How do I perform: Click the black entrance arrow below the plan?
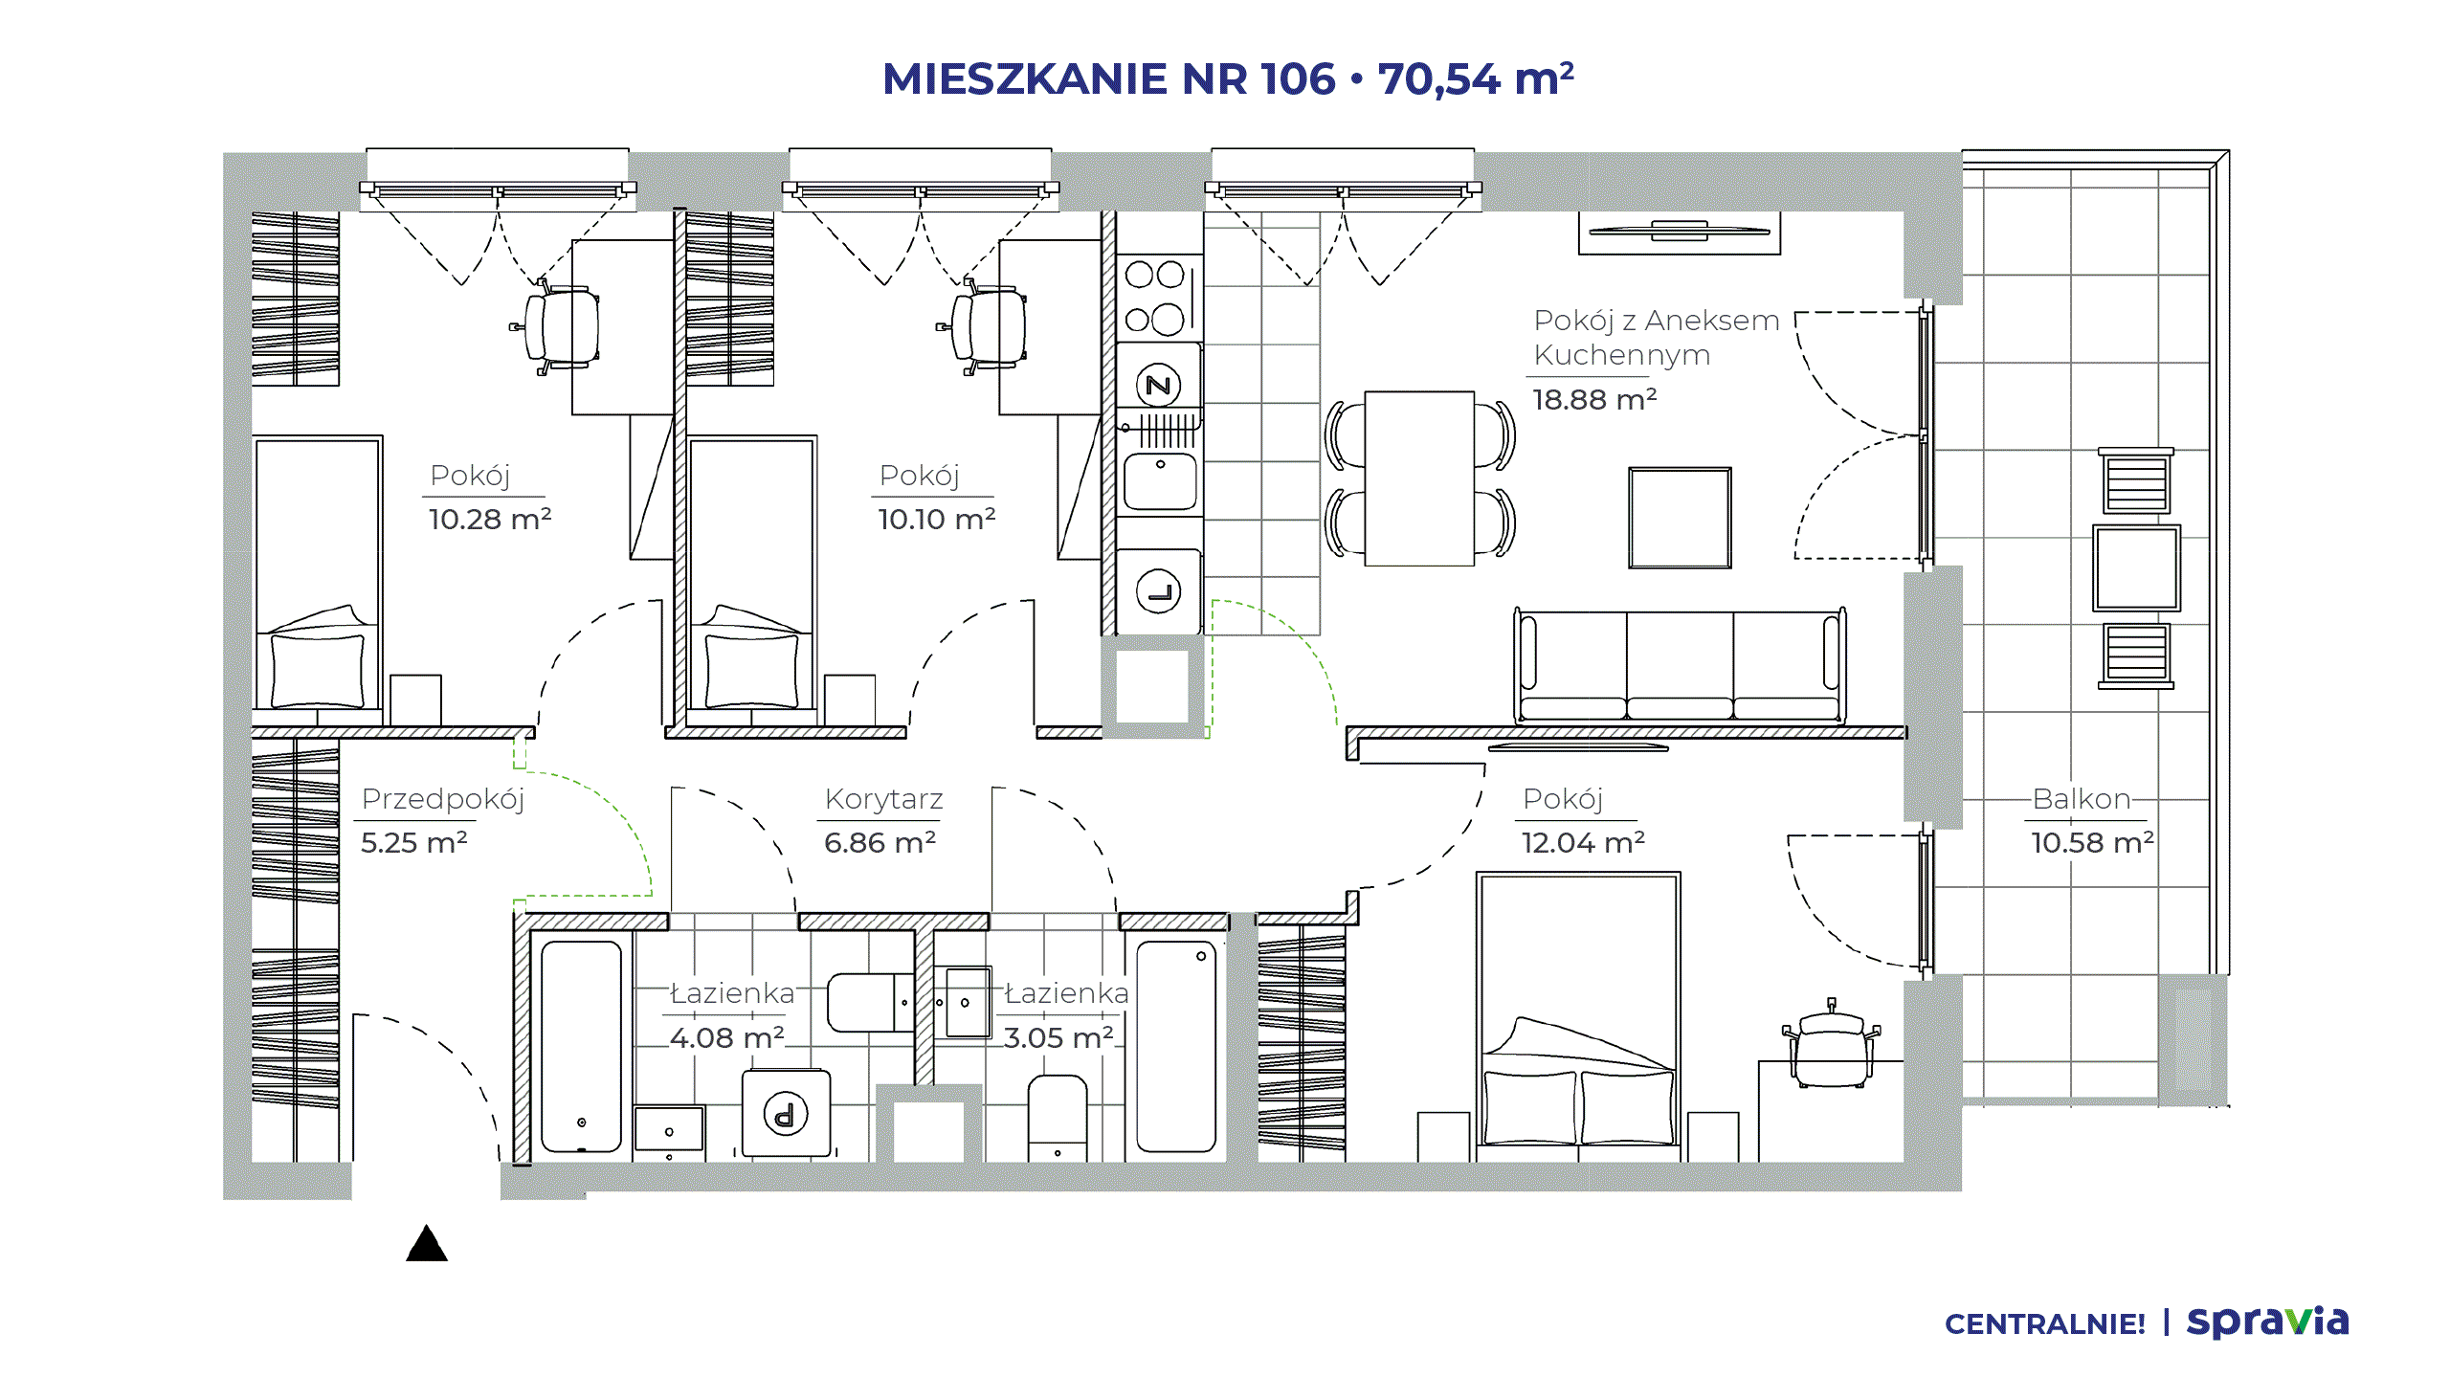(x=427, y=1243)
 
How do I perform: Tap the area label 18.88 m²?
(x=1594, y=399)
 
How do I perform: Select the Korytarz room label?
(x=883, y=799)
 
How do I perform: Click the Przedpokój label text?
(x=443, y=800)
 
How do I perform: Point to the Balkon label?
(x=2082, y=799)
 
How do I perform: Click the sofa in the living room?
(x=1680, y=666)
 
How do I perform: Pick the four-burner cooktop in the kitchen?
(x=1159, y=298)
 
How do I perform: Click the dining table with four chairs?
(x=1419, y=478)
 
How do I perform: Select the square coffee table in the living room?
(x=1680, y=518)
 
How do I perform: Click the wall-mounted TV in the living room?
(x=1680, y=231)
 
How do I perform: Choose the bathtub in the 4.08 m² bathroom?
(x=581, y=1047)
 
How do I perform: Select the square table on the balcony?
(x=2136, y=567)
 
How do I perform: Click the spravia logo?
(x=2267, y=1322)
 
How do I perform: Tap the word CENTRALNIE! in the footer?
(x=2044, y=1324)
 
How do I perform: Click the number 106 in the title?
(x=1297, y=79)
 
